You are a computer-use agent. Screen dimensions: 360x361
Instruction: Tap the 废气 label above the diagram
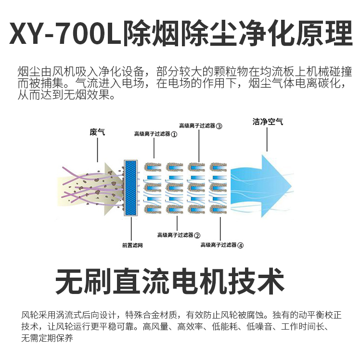pyautogui.click(x=97, y=131)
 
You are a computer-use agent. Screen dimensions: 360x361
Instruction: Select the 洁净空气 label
pyautogui.click(x=268, y=122)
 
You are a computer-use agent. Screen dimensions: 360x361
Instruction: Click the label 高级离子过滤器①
pyautogui.click(x=155, y=134)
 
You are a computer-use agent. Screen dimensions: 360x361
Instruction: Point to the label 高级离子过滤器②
pyautogui.click(x=179, y=235)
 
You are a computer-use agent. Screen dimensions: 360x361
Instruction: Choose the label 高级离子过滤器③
pyautogui.click(x=200, y=126)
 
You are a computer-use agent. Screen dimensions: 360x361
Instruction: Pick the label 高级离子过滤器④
pyautogui.click(x=222, y=245)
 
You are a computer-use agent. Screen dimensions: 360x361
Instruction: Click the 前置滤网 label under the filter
pyautogui.click(x=132, y=245)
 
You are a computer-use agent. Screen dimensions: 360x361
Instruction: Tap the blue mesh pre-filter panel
pyautogui.click(x=131, y=187)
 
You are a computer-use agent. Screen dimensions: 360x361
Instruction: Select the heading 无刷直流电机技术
pyautogui.click(x=169, y=282)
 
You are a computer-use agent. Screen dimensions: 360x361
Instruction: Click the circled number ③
pyautogui.click(x=219, y=126)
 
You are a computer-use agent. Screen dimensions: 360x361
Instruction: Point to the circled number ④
pyautogui.click(x=241, y=245)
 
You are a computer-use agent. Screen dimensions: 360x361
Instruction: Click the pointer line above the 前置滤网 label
pyautogui.click(x=131, y=229)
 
